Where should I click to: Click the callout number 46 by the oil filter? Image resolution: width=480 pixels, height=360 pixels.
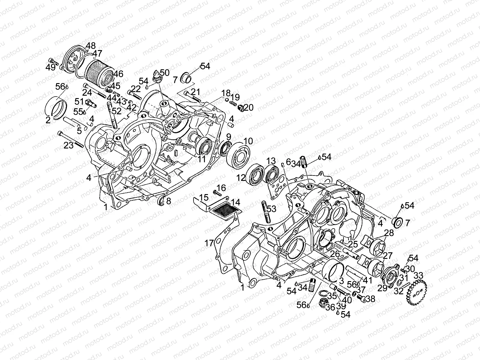(118, 74)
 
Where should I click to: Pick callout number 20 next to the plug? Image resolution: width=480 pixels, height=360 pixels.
(249, 107)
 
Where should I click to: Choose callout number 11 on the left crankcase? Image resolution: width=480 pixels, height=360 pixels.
(202, 159)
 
